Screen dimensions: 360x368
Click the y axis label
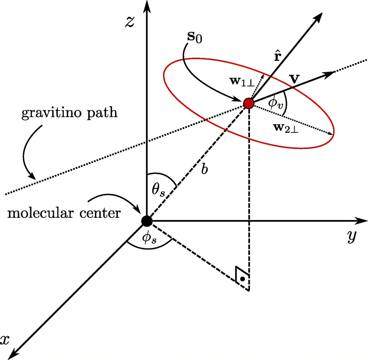point(351,237)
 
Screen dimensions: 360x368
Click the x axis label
point(5,340)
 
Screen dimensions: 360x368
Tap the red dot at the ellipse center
point(248,103)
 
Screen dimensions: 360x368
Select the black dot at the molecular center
point(147,221)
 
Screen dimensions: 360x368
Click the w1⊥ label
point(242,81)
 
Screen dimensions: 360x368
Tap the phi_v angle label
point(275,103)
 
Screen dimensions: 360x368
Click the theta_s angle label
point(158,190)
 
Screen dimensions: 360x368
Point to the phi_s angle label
point(149,238)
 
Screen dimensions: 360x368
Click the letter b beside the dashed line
point(204,170)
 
